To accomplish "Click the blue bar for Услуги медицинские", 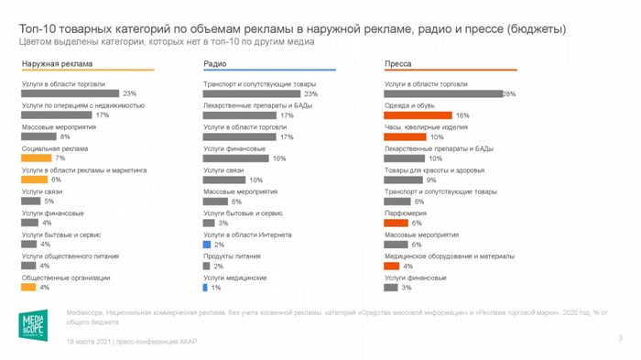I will pyautogui.click(x=206, y=288).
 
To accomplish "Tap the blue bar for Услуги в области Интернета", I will pyautogui.click(x=207, y=245).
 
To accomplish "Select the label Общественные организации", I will pyautogui.click(x=65, y=278).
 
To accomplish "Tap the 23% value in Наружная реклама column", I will pyautogui.click(x=129, y=93).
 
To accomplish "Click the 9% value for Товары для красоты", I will pyautogui.click(x=430, y=180).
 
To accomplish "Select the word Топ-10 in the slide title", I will pyautogui.click(x=38, y=29).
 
